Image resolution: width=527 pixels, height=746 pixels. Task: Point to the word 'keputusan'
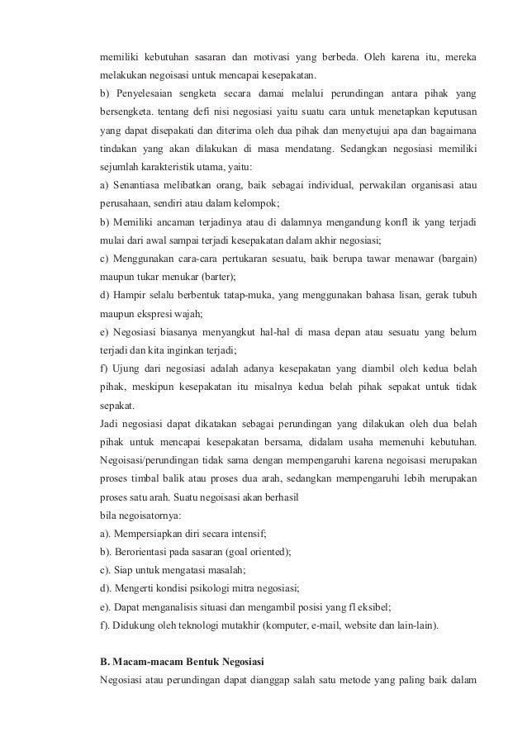click(x=453, y=109)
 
